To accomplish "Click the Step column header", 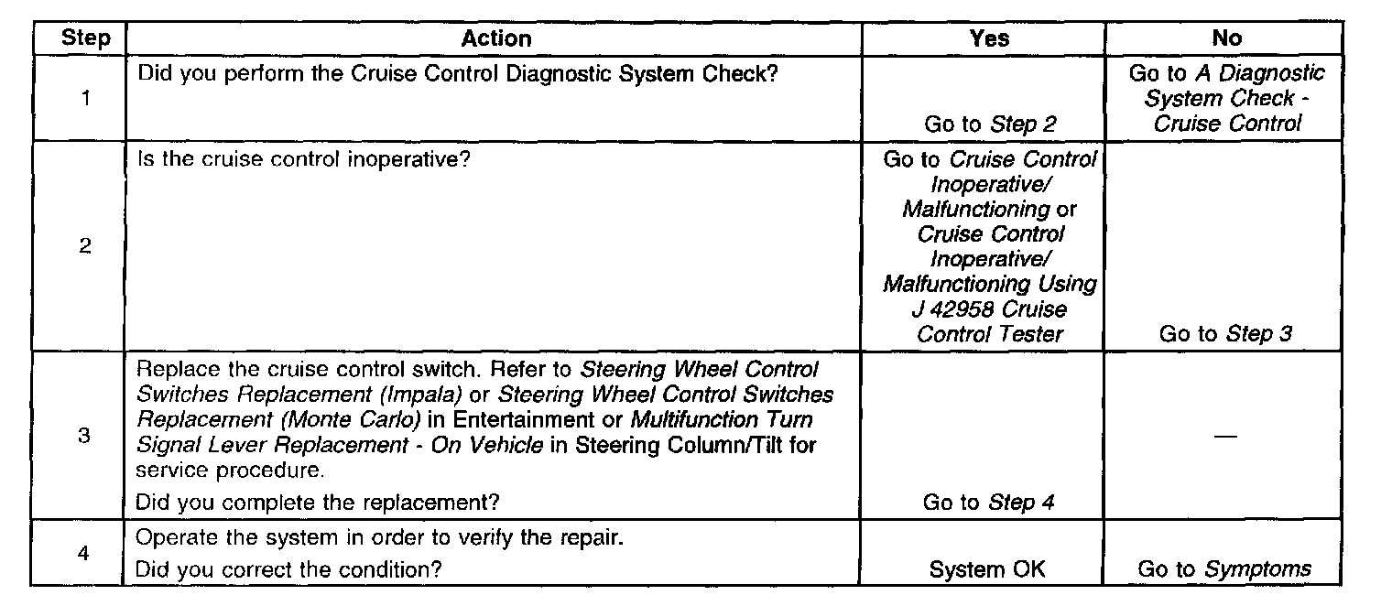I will tap(85, 38).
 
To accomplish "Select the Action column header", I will tap(495, 38).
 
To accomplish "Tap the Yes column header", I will tap(989, 38).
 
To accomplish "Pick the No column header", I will tap(1226, 38).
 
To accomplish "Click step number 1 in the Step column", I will tap(85, 98).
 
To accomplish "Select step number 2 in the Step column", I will tap(85, 247).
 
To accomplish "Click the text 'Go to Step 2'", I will tap(993, 124).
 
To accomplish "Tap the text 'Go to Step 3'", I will tap(1225, 334).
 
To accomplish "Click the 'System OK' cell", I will tap(987, 569).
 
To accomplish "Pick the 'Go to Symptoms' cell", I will tap(1224, 569).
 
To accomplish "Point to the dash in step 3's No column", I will tap(1226, 437).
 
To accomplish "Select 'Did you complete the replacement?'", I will tap(319, 502).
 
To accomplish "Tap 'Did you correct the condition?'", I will tap(288, 569).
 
